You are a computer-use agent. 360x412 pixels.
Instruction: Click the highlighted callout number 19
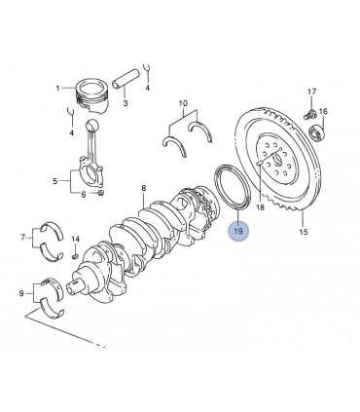tap(238, 231)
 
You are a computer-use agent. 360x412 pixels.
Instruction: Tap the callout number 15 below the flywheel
tap(304, 232)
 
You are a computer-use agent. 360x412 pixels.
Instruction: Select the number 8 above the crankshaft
tap(144, 188)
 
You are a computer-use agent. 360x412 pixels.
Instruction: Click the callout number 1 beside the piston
tap(57, 88)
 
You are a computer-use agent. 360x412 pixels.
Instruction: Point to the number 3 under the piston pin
tap(126, 103)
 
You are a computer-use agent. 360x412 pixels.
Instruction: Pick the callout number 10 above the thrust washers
tap(183, 103)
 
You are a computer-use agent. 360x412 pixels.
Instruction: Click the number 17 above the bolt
tap(311, 92)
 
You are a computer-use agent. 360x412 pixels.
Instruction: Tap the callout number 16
tap(323, 112)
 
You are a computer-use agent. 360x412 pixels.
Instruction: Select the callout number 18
tap(261, 207)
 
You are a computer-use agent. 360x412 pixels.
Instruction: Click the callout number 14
tap(75, 239)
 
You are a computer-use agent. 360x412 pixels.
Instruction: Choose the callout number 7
tap(22, 238)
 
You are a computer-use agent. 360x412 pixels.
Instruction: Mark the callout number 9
tap(21, 293)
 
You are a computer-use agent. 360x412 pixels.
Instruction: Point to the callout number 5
tap(55, 181)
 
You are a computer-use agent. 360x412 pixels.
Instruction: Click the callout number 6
tap(84, 195)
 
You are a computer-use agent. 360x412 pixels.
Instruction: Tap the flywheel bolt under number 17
tap(309, 114)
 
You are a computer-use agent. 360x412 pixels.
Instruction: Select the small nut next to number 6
tap(101, 194)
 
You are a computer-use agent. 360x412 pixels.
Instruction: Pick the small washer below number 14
tap(75, 257)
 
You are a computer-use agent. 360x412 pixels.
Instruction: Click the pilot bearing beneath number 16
tap(316, 132)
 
